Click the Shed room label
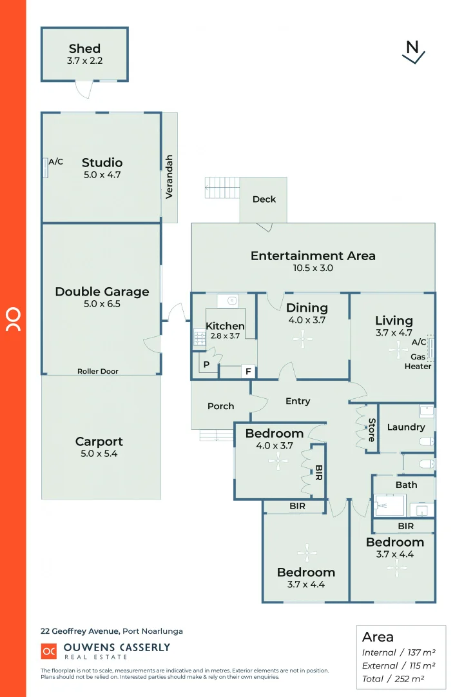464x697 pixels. pyautogui.click(x=84, y=48)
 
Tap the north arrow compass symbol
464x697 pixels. pyautogui.click(x=412, y=52)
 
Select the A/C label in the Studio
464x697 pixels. pyautogui.click(x=56, y=162)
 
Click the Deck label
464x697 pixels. pyautogui.click(x=264, y=199)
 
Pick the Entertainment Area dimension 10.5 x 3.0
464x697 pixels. pyautogui.click(x=313, y=268)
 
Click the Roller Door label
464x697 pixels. pyautogui.click(x=98, y=371)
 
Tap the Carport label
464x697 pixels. pyautogui.click(x=99, y=442)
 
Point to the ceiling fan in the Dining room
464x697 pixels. pyautogui.click(x=302, y=337)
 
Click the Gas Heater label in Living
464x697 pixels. pyautogui.click(x=418, y=361)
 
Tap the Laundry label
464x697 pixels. pyautogui.click(x=406, y=427)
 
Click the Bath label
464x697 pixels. pyautogui.click(x=406, y=485)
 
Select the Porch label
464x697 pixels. pyautogui.click(x=220, y=406)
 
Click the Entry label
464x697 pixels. pyautogui.click(x=298, y=401)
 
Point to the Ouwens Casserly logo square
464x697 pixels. pyautogui.click(x=49, y=652)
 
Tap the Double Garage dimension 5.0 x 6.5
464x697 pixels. pyautogui.click(x=102, y=303)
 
